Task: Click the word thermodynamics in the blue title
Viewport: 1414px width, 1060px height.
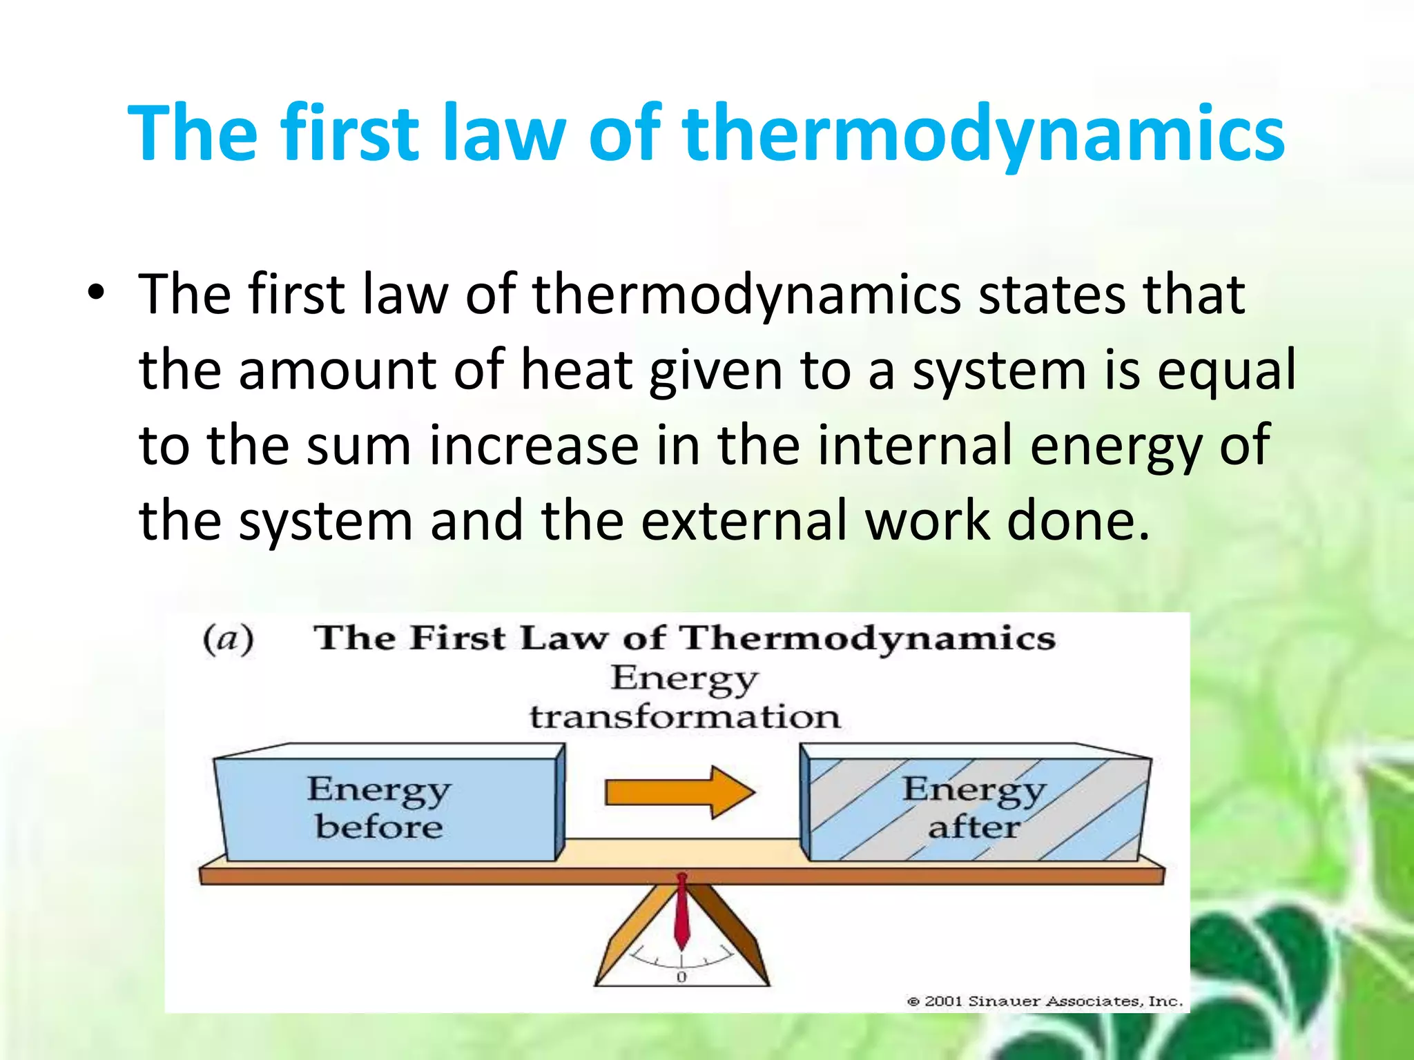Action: point(983,133)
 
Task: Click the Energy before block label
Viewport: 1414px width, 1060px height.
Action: point(379,807)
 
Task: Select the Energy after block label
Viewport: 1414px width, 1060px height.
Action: point(974,807)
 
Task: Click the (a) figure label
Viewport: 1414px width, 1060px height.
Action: point(229,639)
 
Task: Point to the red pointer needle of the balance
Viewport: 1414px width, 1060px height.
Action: point(681,911)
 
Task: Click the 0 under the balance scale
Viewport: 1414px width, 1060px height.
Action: point(681,977)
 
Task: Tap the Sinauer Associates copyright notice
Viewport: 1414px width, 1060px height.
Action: point(1044,1001)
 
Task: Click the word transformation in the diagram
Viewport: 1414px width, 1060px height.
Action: point(685,717)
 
